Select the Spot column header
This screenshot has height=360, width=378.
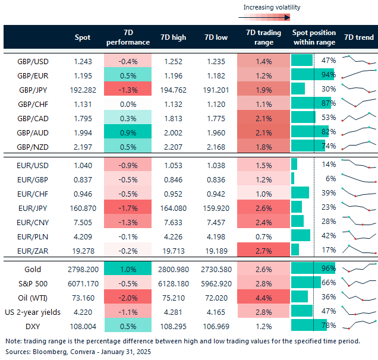tap(83, 37)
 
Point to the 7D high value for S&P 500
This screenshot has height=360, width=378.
tap(173, 282)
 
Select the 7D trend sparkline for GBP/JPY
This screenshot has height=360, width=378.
tap(359, 88)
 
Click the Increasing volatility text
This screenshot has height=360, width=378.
tap(272, 7)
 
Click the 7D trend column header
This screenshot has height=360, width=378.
tap(358, 37)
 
